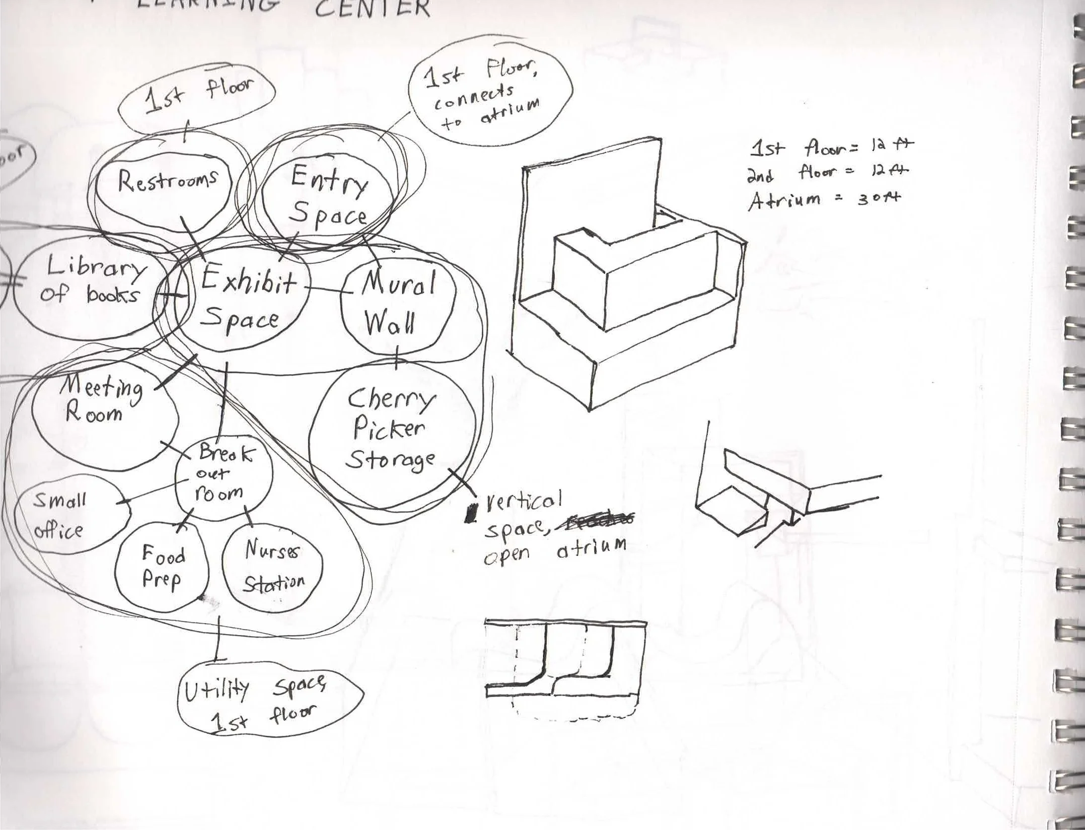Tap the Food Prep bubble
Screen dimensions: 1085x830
click(x=161, y=567)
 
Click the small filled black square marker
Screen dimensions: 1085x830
click(x=471, y=513)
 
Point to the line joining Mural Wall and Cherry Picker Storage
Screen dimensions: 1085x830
click(x=397, y=358)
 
